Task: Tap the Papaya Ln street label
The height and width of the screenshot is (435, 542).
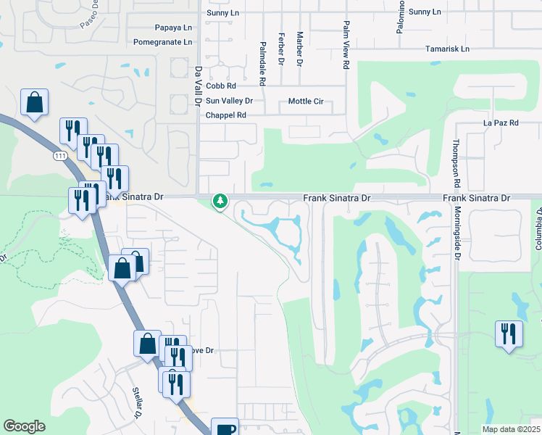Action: (x=174, y=28)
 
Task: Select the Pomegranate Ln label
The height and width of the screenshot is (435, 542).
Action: (x=163, y=42)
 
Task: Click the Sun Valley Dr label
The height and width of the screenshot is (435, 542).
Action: (x=229, y=101)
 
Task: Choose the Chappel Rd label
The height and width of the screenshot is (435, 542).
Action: (x=226, y=115)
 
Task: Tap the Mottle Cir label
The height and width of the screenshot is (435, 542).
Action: (x=305, y=101)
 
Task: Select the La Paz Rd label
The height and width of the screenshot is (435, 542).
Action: (x=501, y=123)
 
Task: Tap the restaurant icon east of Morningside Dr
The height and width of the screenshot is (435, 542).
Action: (x=508, y=334)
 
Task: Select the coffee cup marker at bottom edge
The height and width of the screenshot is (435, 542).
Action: (x=225, y=428)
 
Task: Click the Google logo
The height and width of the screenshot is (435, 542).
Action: (x=24, y=426)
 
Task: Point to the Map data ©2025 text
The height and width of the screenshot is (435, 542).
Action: (x=510, y=429)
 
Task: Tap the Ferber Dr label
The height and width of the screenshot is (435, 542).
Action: (x=280, y=49)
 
